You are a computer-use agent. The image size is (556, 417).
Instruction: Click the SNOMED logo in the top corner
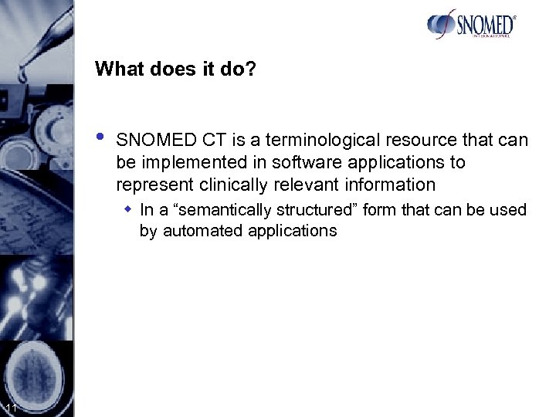coord(470,26)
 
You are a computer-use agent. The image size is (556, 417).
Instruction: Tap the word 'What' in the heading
coord(117,69)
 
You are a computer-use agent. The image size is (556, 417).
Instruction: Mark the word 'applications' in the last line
coord(297,230)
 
